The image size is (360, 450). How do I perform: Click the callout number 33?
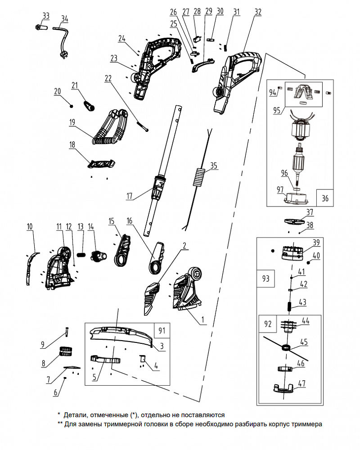46,16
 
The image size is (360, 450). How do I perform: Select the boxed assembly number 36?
325,198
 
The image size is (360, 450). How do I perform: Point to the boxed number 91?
162,331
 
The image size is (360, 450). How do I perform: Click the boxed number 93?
265,279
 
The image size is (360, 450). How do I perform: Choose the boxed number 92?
268,324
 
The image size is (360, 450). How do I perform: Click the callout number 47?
302,383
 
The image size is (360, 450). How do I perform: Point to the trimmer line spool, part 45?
286,347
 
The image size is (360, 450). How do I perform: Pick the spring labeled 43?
289,306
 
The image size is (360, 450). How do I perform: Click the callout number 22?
108,78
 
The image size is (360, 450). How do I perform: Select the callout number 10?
30,227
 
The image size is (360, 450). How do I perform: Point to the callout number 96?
284,173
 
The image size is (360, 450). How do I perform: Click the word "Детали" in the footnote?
76,415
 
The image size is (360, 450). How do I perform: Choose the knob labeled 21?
89,105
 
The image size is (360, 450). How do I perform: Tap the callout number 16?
130,220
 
